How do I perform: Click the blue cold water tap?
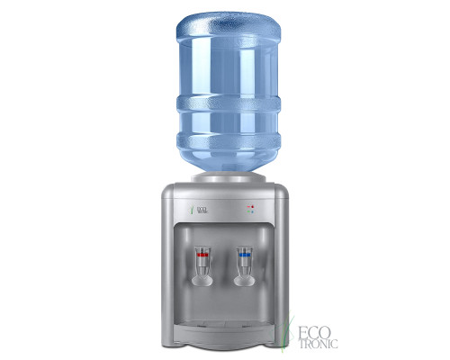tap(243, 261)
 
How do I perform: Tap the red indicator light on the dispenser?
tap(252, 207)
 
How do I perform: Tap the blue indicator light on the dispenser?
tap(252, 213)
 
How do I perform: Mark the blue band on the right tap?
tap(243, 254)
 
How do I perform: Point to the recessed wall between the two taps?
tap(224, 265)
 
